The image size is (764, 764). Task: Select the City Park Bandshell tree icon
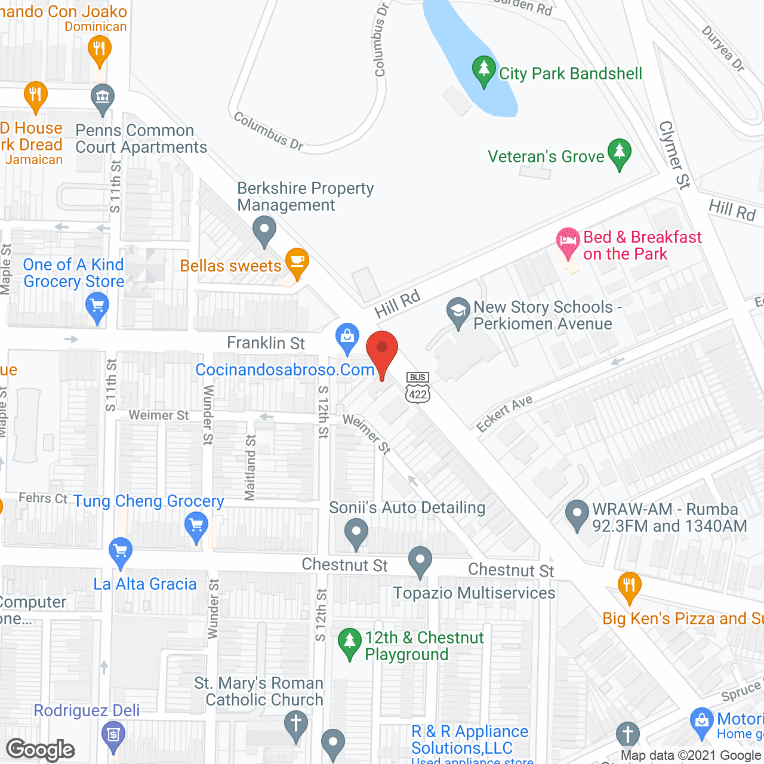(x=483, y=70)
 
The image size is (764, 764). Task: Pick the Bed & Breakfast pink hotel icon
(x=568, y=242)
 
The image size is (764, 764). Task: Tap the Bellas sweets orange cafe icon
(x=297, y=263)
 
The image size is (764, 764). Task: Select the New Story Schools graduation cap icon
(x=458, y=312)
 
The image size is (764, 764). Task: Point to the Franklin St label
(x=266, y=343)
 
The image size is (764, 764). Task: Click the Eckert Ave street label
(x=504, y=413)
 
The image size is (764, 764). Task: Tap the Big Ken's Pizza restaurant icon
(x=629, y=586)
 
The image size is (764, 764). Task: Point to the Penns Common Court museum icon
(x=103, y=98)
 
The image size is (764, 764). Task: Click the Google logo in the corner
(x=41, y=750)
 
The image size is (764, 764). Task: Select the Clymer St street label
(x=674, y=155)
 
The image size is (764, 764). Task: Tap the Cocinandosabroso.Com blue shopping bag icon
(x=347, y=337)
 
